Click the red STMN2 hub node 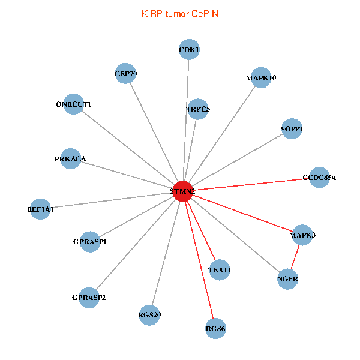[182, 191]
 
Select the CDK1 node [189, 50]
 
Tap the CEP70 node [125, 74]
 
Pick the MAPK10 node [261, 78]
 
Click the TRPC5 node [197, 109]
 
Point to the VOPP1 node [292, 129]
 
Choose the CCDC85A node [319, 178]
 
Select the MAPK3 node [302, 235]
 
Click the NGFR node [288, 280]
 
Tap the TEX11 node [220, 270]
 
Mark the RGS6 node [215, 328]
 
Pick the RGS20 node [149, 314]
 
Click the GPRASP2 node [89, 298]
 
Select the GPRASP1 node [90, 242]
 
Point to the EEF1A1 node [40, 209]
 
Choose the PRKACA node [71, 159]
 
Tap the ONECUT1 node [73, 104]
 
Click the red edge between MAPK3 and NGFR [295, 257]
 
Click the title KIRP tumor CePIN [180, 13]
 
